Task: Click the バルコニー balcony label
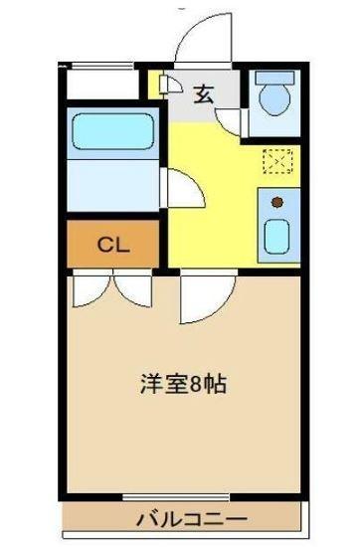(x=193, y=517)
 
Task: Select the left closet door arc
(x=90, y=290)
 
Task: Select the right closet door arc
(x=132, y=290)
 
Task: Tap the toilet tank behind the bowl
(x=272, y=79)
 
